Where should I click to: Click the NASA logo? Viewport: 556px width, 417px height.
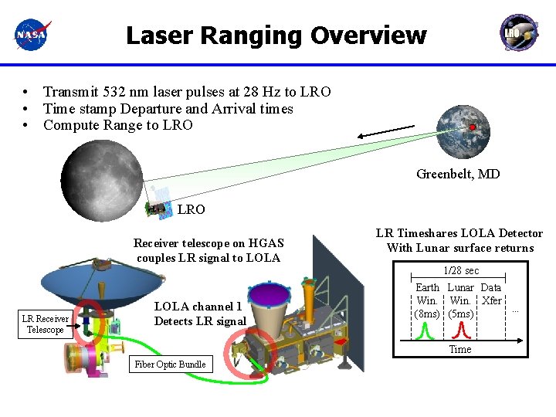click(x=32, y=35)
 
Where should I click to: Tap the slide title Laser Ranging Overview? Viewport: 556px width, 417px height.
click(x=276, y=36)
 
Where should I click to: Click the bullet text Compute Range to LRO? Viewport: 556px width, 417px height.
click(x=118, y=125)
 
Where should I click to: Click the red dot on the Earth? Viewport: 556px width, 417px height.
click(x=471, y=127)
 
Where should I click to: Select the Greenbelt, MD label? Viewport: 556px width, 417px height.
click(x=458, y=174)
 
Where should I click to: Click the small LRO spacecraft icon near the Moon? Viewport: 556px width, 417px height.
click(x=158, y=207)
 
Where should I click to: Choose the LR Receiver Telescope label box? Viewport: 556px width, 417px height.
click(x=45, y=324)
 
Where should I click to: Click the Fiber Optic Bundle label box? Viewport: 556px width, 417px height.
click(x=171, y=364)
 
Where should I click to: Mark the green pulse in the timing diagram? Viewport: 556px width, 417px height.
click(x=424, y=331)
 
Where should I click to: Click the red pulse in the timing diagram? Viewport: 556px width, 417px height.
click(x=462, y=331)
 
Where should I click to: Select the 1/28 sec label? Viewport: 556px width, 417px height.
click(x=460, y=271)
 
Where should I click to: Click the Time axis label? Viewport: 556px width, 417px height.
click(x=460, y=349)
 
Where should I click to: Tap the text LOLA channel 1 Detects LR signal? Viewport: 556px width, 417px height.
click(x=199, y=314)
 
